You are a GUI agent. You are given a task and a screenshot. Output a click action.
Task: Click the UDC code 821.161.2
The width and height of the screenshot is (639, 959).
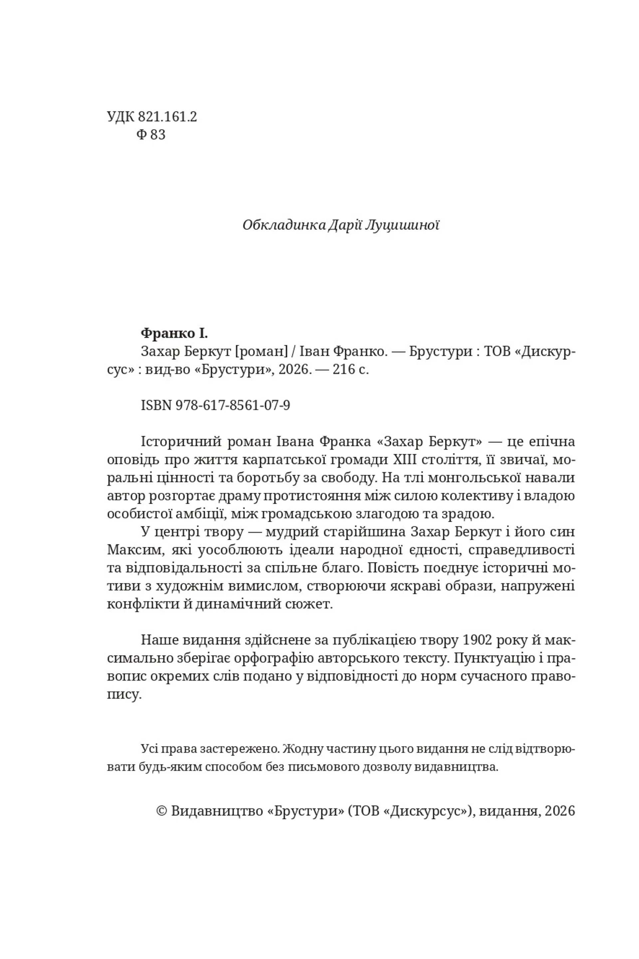coord(167,117)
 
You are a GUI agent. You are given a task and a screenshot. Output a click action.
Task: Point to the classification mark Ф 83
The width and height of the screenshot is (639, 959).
coord(151,135)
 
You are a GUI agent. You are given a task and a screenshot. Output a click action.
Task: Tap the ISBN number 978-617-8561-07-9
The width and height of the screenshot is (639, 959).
coord(233,405)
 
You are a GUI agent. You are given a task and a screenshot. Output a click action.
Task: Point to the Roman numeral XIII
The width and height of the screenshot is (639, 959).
coord(405,460)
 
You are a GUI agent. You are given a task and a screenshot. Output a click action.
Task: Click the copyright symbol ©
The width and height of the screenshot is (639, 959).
coord(161,810)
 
